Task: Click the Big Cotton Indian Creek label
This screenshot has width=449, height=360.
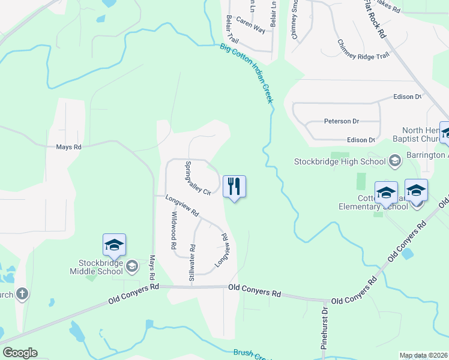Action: [x=247, y=73]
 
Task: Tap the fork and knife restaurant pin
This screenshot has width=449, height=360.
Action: [x=234, y=187]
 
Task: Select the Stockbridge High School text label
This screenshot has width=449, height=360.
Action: [x=340, y=161]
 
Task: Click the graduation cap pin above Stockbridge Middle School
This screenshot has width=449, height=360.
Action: [x=114, y=245]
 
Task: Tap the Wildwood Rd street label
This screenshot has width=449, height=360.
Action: [x=173, y=230]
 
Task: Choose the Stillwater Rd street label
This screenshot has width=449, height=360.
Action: [x=192, y=263]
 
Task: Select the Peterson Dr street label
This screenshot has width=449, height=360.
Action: [x=337, y=121]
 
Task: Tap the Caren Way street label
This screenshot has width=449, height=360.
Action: [x=250, y=28]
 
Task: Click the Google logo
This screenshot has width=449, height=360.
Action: [x=20, y=353]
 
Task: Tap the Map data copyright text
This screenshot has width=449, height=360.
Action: [x=424, y=355]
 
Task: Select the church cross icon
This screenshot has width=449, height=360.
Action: [x=22, y=294]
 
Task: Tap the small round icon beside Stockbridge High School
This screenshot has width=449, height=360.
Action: [x=395, y=161]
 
